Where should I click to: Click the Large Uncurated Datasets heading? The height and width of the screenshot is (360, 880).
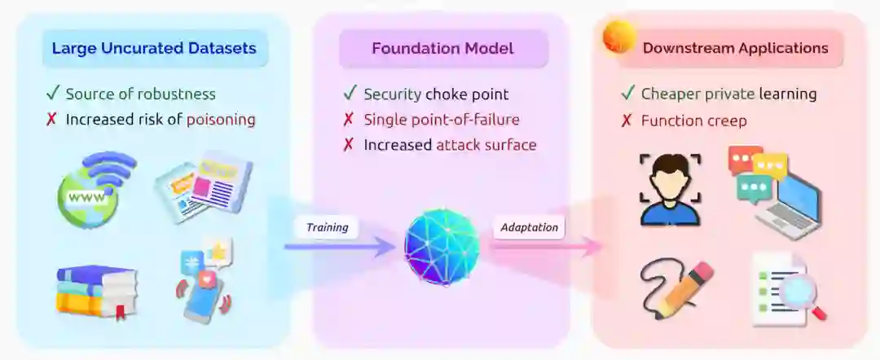[154, 48]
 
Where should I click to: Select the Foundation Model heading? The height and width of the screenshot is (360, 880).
[442, 48]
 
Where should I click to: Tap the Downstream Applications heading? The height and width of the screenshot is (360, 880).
[735, 48]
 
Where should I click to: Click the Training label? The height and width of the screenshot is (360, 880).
[327, 227]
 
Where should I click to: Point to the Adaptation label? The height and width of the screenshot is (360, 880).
[530, 227]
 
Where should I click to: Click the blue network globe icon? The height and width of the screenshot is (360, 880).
[442, 247]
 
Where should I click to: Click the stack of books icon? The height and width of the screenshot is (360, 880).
[96, 292]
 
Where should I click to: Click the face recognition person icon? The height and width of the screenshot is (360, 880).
[670, 189]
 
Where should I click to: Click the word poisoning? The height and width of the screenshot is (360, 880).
[221, 120]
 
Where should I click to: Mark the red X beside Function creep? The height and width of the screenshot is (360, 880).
[627, 121]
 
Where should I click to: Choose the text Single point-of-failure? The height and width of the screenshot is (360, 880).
[441, 120]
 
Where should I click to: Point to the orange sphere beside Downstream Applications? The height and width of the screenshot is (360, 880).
[618, 37]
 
